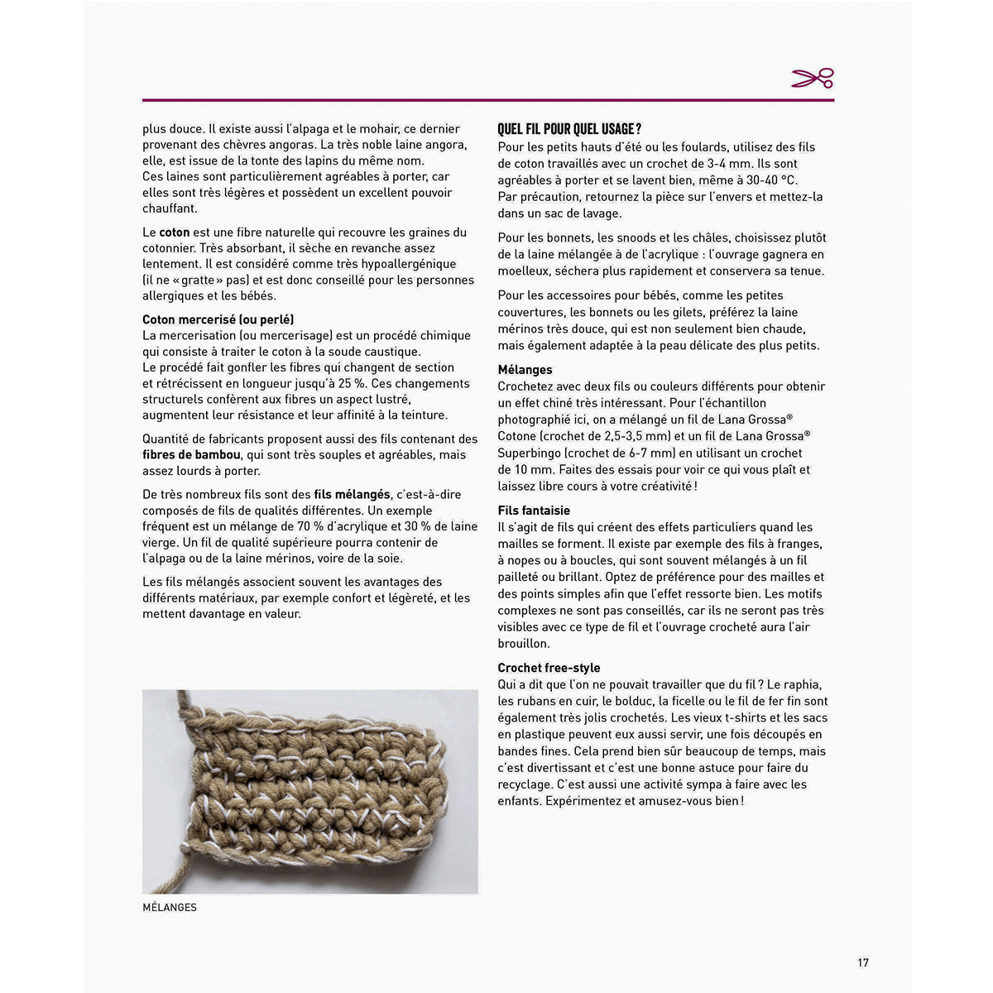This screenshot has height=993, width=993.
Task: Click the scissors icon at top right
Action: pos(813,79)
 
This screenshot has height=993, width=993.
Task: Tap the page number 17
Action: pos(863,962)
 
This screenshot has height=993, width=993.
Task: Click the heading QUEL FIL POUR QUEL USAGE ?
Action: pos(569,129)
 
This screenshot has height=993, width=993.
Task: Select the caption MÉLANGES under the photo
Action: pos(170,908)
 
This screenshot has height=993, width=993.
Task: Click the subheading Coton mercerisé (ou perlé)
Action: pos(218,319)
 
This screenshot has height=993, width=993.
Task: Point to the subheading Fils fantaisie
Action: pos(534,511)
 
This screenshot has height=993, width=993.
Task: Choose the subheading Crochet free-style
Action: pos(549,668)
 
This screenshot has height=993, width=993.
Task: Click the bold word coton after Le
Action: pos(175,233)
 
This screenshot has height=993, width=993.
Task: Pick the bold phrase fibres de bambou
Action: pos(191,455)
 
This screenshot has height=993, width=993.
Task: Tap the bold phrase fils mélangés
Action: pos(352,495)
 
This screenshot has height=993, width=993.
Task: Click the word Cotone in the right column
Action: pos(516,436)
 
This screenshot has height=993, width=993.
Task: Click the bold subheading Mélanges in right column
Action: pos(525,370)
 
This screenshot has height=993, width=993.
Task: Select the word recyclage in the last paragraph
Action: pos(525,784)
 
